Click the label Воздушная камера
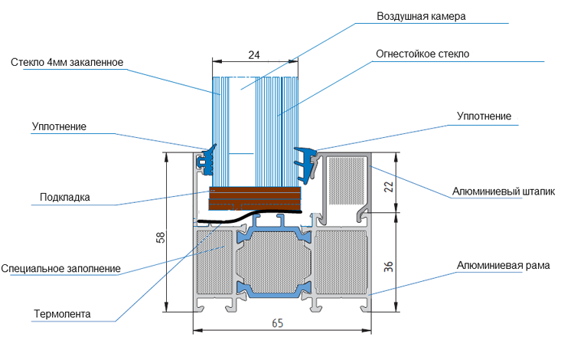[x=421, y=17]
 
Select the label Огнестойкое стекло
[x=422, y=54]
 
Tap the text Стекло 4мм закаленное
[x=67, y=62]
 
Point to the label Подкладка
[x=65, y=197]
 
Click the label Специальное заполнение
[x=60, y=268]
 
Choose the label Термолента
[x=62, y=314]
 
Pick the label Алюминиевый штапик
[x=504, y=191]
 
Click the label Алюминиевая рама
[x=504, y=265]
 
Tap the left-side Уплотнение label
[x=59, y=126]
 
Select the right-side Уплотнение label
[x=484, y=116]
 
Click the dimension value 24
[x=254, y=55]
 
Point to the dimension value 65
[x=278, y=323]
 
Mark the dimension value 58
[x=161, y=237]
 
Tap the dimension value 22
[x=388, y=186]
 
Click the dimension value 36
[x=388, y=267]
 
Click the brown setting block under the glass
[x=255, y=198]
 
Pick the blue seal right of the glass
[x=305, y=164]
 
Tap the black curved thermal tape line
[x=249, y=216]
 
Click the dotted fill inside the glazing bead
[x=347, y=181]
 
